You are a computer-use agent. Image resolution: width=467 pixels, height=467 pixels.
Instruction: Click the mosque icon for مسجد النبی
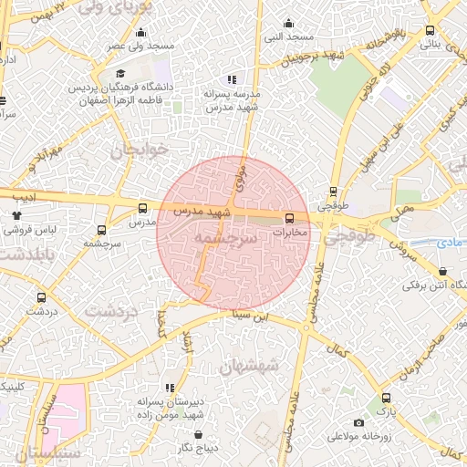[x=290, y=24]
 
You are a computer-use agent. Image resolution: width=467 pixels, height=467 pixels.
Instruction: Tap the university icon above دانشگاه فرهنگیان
[x=119, y=75]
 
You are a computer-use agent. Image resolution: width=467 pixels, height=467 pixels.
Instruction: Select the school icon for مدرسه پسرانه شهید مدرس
[x=232, y=79]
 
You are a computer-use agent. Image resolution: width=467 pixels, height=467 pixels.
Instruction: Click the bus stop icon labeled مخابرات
[x=289, y=218]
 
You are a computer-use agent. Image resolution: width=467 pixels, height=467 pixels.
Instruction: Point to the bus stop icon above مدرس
[x=142, y=208]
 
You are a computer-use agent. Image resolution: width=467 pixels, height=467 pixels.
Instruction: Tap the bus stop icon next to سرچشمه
[x=101, y=230]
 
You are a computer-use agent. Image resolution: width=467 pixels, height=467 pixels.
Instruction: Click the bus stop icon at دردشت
[x=41, y=297]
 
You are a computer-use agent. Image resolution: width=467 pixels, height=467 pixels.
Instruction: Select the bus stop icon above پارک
[x=386, y=398]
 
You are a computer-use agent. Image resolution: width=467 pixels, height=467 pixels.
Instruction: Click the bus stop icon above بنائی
[x=431, y=30]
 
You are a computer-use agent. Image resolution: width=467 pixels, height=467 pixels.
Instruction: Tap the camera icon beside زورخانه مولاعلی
[x=359, y=422]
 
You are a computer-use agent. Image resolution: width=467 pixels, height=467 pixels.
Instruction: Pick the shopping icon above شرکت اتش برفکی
[x=442, y=271]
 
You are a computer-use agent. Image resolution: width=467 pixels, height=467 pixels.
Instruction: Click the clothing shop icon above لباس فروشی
[x=16, y=215]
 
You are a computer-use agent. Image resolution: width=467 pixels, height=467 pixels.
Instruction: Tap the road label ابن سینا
[x=251, y=318]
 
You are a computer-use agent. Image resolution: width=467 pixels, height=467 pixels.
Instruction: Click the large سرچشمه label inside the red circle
[x=223, y=237]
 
